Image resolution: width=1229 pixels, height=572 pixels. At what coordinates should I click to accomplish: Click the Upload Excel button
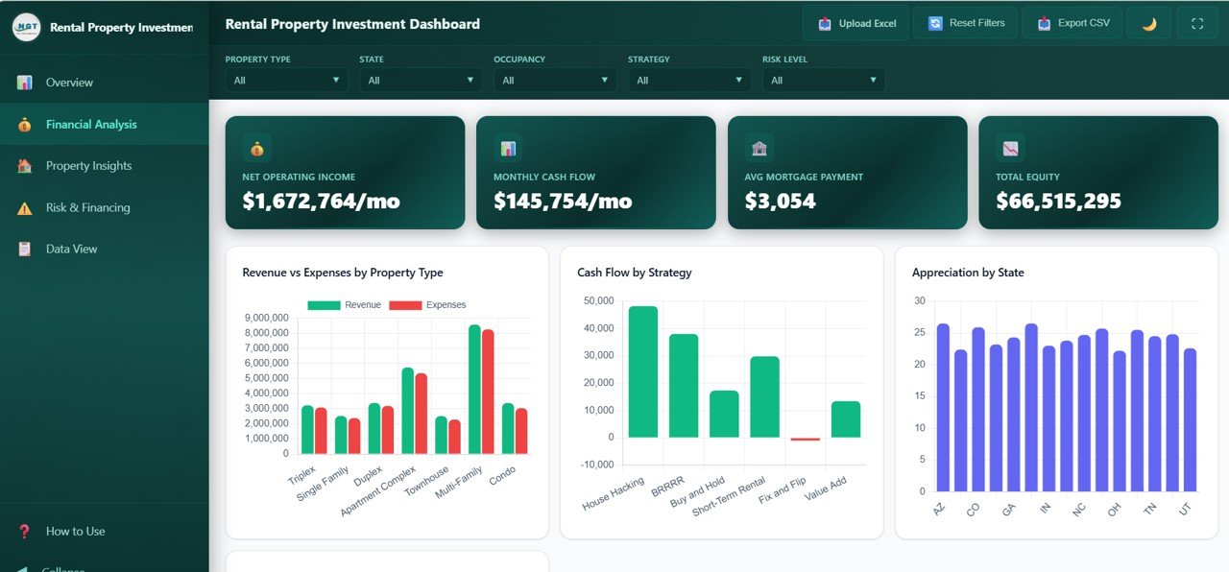pos(856,23)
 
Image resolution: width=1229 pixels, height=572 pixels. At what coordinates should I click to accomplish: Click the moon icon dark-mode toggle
pos(1148,23)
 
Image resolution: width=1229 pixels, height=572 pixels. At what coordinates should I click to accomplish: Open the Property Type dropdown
pos(286,81)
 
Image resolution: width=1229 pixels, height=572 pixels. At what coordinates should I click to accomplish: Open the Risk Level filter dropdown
pos(823,81)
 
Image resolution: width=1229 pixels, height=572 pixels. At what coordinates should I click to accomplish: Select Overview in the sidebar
pos(69,83)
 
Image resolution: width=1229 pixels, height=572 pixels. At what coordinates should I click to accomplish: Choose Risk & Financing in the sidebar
pos(87,207)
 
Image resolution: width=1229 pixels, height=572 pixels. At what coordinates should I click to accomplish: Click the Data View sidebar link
pos(71,249)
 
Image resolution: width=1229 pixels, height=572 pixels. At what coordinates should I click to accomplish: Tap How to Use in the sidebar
pos(75,531)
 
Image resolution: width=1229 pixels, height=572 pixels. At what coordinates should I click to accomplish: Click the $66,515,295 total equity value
pos(1058,202)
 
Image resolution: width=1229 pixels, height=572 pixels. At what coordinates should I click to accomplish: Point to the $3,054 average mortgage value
pos(780,202)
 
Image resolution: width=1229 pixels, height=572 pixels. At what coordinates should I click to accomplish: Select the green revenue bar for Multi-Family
pos(474,390)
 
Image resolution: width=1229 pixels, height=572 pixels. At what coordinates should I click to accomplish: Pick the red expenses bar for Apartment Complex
pos(421,414)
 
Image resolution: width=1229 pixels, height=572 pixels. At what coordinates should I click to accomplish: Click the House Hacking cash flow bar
pos(642,372)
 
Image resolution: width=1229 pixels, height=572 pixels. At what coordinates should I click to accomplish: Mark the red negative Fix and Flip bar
pos(805,439)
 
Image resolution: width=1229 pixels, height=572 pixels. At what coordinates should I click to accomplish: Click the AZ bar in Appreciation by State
pos(942,408)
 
